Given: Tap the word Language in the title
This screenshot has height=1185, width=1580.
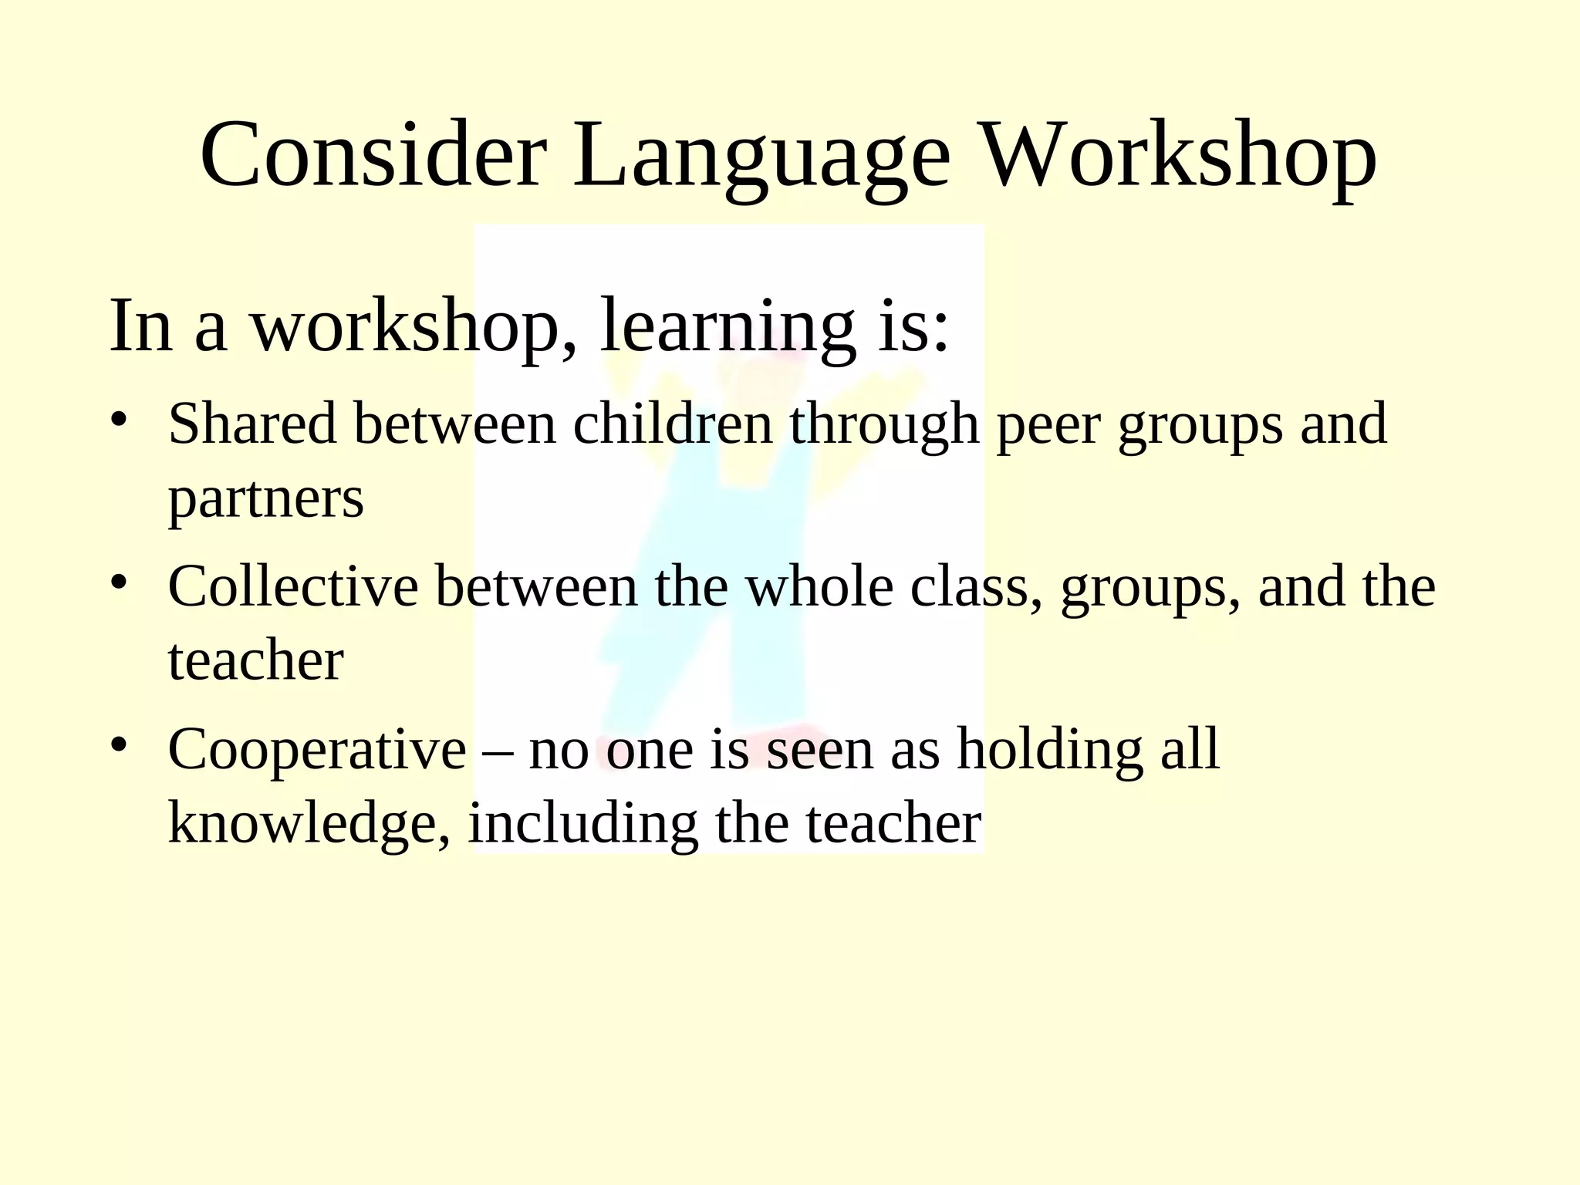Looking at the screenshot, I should [761, 158].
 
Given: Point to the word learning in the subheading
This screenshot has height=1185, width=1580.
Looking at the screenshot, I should [728, 328].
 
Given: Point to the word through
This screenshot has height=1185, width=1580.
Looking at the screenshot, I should [884, 427].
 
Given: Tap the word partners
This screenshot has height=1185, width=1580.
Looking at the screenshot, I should [265, 500].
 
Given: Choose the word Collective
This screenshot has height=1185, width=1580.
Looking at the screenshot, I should [293, 586].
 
